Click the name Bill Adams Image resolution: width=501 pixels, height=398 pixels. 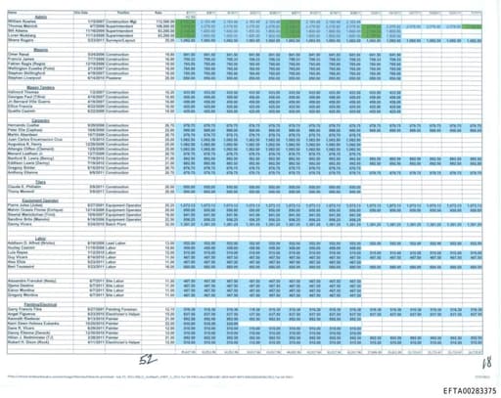[18, 32]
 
